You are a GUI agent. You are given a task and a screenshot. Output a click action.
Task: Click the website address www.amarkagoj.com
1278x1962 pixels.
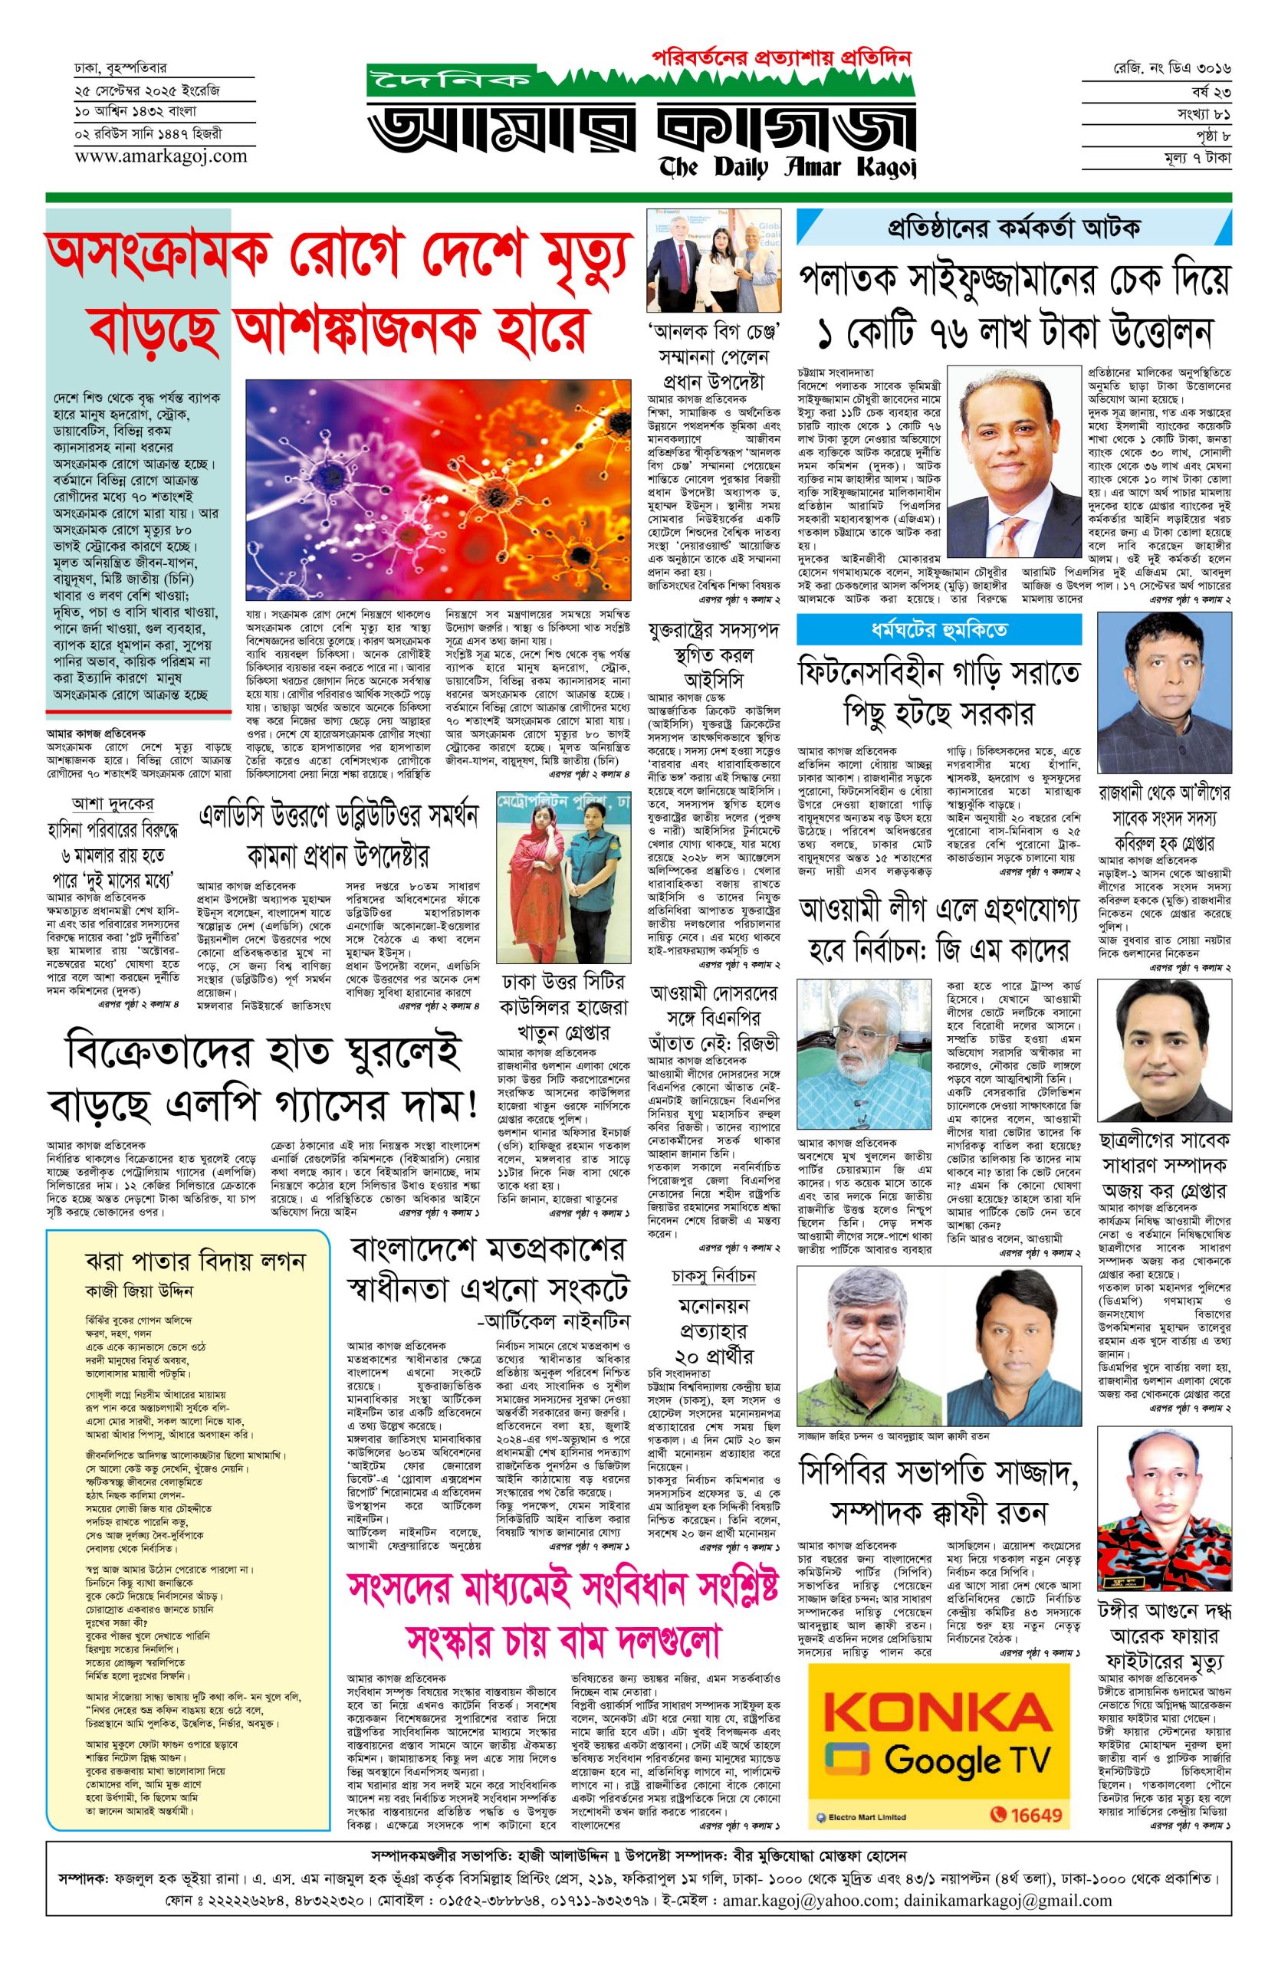pos(161,155)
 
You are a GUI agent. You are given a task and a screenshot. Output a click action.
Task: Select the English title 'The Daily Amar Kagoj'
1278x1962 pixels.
pos(787,167)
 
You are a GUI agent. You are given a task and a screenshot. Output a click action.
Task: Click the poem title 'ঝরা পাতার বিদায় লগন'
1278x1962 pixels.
pos(195,1261)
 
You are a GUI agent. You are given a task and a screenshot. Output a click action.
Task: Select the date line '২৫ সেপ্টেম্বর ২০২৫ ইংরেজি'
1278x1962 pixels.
pos(146,90)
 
